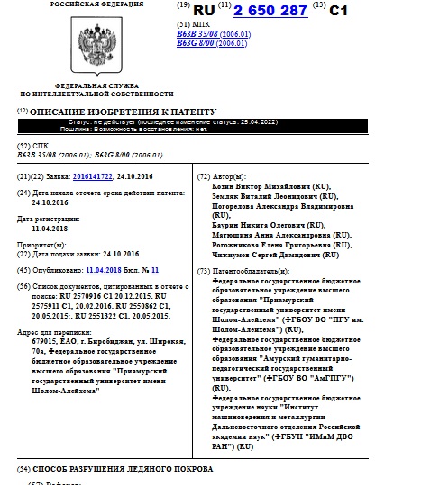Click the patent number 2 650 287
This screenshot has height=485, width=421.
click(x=270, y=11)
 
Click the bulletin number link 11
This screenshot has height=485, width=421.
click(x=154, y=270)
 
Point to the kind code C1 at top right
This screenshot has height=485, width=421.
click(x=338, y=11)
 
